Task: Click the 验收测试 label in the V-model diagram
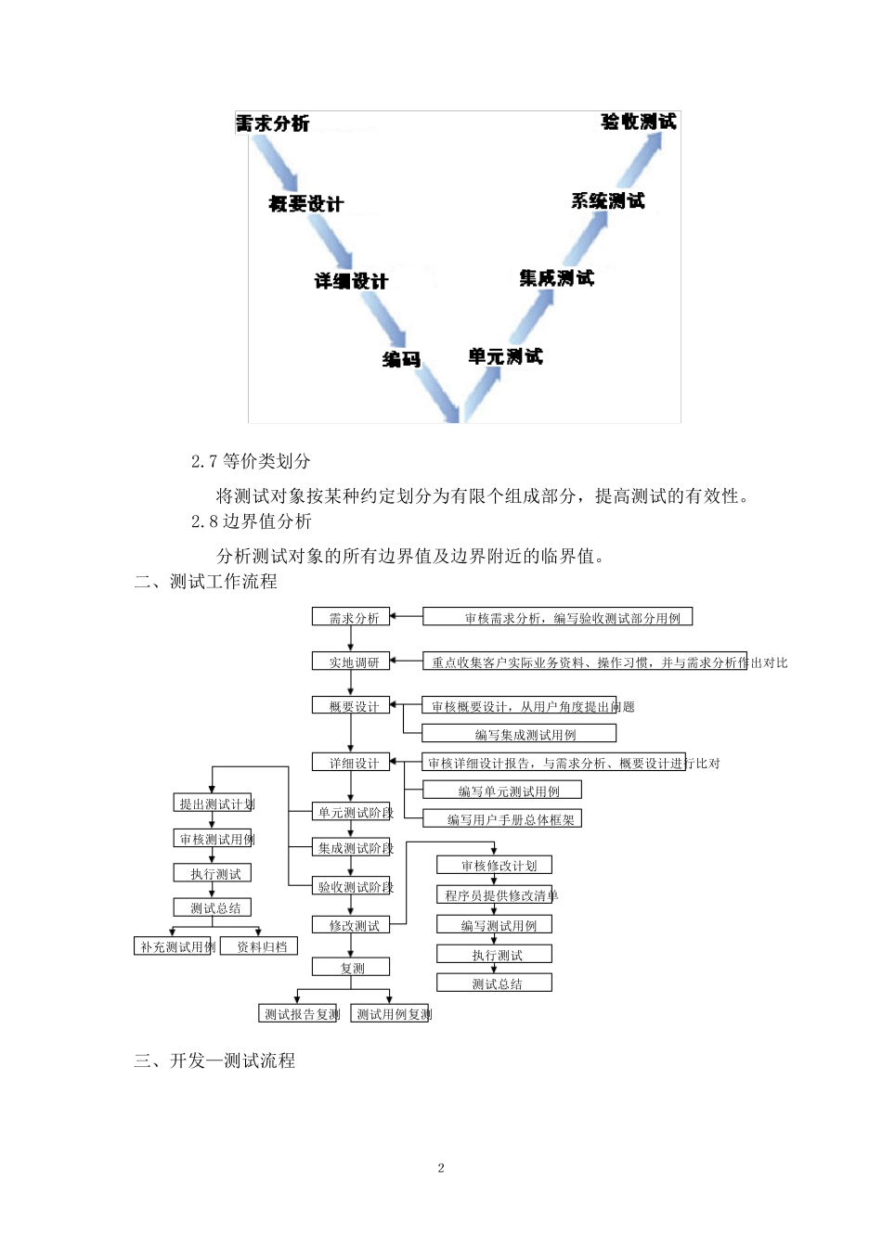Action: click(639, 122)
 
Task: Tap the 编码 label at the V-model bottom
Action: click(401, 359)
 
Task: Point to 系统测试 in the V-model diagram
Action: click(607, 201)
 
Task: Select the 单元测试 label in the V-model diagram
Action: click(505, 356)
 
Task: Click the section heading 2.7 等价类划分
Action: click(251, 461)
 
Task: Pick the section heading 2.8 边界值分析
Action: click(251, 521)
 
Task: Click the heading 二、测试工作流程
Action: click(205, 582)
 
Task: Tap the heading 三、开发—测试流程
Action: click(214, 1061)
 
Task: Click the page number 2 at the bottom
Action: click(441, 1168)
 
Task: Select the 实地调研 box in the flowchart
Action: click(351, 662)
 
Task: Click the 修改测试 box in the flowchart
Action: click(351, 925)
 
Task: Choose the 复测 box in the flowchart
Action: click(351, 968)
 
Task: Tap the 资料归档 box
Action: click(260, 946)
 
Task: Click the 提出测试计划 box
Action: click(213, 803)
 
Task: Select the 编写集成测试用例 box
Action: click(520, 734)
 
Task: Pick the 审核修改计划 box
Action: click(495, 866)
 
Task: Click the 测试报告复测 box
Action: click(299, 1014)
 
